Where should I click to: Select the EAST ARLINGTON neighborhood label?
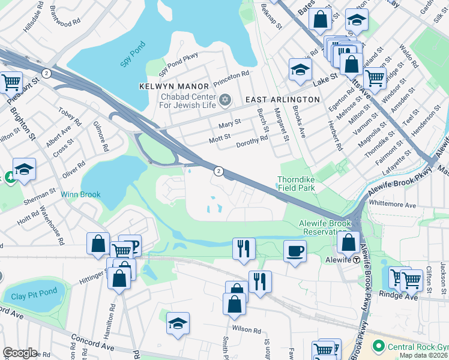[281, 99]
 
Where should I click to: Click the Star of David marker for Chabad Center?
[225, 99]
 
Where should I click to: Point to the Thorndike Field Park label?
[296, 184]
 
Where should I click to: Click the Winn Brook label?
[80, 194]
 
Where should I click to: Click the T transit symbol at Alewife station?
[356, 260]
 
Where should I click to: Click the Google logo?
[20, 353]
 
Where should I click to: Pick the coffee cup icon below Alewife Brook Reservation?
[294, 251]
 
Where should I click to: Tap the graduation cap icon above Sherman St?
[25, 170]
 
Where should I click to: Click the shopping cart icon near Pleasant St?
[11, 82]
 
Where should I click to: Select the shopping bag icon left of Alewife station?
[348, 242]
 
